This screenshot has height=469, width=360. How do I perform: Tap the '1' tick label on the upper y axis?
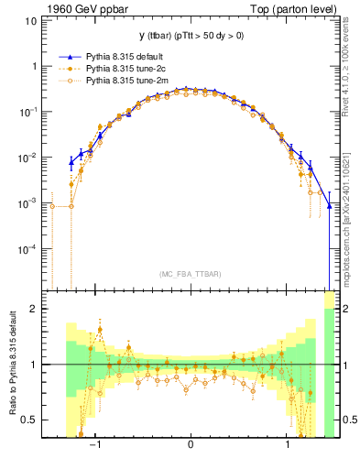click(34, 67)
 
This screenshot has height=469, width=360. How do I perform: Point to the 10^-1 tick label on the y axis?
click(29, 112)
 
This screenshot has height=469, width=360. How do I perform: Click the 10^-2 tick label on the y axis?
click(29, 158)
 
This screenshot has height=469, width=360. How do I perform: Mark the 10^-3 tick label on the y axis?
click(29, 203)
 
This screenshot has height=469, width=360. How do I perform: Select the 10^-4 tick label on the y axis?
click(29, 249)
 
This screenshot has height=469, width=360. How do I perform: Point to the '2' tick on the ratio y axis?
click(34, 309)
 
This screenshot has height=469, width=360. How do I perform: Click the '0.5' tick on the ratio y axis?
click(30, 420)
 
